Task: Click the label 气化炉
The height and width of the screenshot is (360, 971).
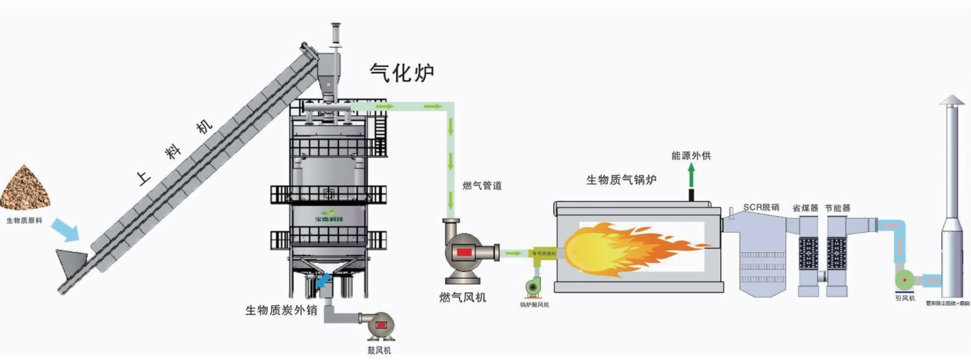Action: (402, 72)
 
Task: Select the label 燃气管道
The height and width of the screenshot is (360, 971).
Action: (482, 186)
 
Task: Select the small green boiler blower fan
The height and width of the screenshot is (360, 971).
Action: (534, 285)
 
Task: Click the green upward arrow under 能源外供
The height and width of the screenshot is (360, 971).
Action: (692, 175)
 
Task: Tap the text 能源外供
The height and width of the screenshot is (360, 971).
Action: (691, 155)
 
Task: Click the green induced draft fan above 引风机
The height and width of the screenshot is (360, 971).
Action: (904, 279)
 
